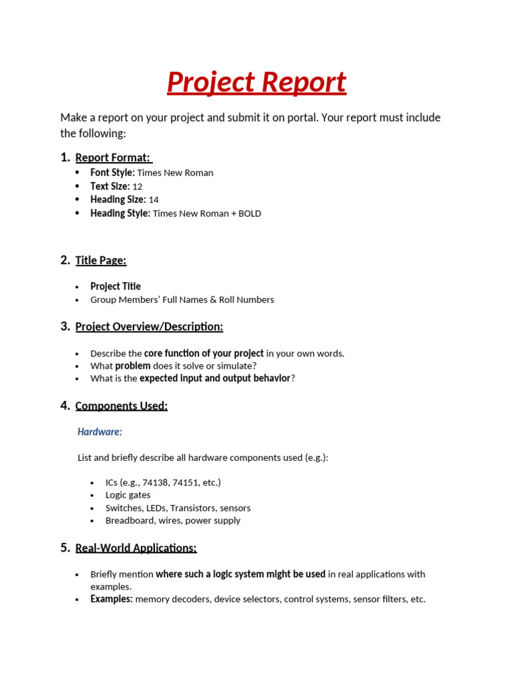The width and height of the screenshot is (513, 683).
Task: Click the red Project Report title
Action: coord(256,83)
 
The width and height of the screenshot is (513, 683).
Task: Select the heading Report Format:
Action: coord(113,157)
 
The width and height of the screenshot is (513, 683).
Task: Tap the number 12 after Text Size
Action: coord(137,187)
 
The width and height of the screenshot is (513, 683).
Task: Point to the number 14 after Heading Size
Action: coord(153,200)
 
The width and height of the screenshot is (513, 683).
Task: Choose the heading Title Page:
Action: coord(101,261)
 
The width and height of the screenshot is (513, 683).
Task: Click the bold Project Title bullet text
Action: coord(116,287)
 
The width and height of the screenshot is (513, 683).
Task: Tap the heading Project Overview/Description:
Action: coord(149,327)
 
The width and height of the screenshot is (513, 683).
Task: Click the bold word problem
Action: coord(132,366)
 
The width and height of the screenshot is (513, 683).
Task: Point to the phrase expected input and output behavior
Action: coord(214,379)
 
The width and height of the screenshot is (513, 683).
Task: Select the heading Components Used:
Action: coord(121,406)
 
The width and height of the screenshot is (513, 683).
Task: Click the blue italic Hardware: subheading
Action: coord(100,432)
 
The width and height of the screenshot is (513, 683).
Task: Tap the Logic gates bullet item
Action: coord(128,495)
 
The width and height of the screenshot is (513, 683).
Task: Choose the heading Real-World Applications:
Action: coord(136,548)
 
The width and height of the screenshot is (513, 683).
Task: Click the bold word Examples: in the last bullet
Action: coord(112,600)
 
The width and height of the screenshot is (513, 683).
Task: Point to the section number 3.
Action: coord(64,326)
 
